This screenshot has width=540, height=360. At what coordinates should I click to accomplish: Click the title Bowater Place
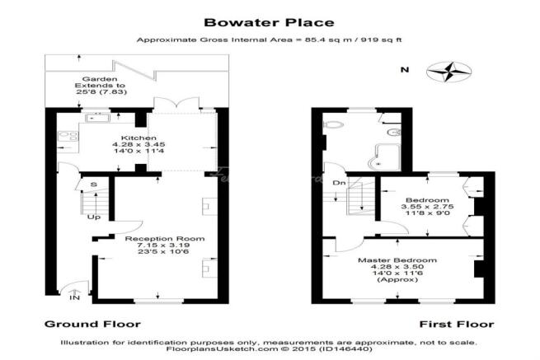pyautogui.click(x=269, y=23)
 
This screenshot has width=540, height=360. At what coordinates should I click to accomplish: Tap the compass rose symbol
pyautogui.click(x=448, y=72)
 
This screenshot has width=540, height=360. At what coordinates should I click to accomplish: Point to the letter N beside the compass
pyautogui.click(x=405, y=69)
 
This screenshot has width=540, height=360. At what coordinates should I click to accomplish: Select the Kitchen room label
pyautogui.click(x=139, y=138)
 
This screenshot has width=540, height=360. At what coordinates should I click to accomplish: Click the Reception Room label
pyautogui.click(x=165, y=239)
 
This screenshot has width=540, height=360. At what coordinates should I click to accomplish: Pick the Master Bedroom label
pyautogui.click(x=397, y=260)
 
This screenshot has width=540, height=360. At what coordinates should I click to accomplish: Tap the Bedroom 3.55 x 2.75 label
pyautogui.click(x=427, y=206)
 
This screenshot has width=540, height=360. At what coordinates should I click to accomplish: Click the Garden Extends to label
pyautogui.click(x=100, y=82)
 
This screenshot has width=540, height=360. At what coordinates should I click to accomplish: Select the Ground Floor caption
pyautogui.click(x=92, y=325)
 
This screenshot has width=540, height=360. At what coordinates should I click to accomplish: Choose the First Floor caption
pyautogui.click(x=457, y=325)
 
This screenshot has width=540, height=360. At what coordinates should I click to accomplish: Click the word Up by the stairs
pyautogui.click(x=94, y=217)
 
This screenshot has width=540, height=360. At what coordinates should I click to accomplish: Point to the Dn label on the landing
pyautogui.click(x=339, y=183)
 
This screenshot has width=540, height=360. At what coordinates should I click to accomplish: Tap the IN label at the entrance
pyautogui.click(x=75, y=297)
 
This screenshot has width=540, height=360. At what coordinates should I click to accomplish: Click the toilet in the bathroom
pyautogui.click(x=333, y=124)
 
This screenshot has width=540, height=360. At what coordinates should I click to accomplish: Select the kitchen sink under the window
pyautogui.click(x=97, y=118)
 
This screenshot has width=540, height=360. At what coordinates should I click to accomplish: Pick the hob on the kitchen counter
pyautogui.click(x=68, y=136)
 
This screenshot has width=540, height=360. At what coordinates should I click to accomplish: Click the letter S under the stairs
pyautogui.click(x=93, y=185)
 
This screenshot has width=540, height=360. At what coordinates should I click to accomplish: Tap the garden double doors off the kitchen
pyautogui.click(x=176, y=104)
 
